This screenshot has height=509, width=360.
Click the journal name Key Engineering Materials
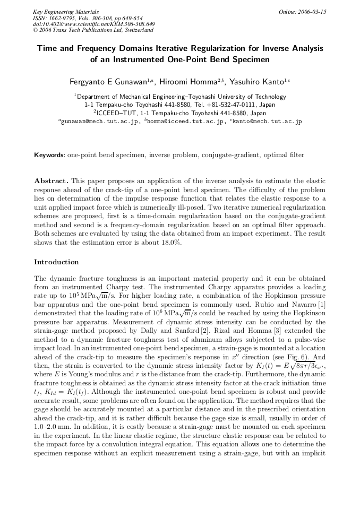pos(66,12)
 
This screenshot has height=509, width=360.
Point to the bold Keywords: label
pos(50,155)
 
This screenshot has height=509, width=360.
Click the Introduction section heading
pos(56,262)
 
